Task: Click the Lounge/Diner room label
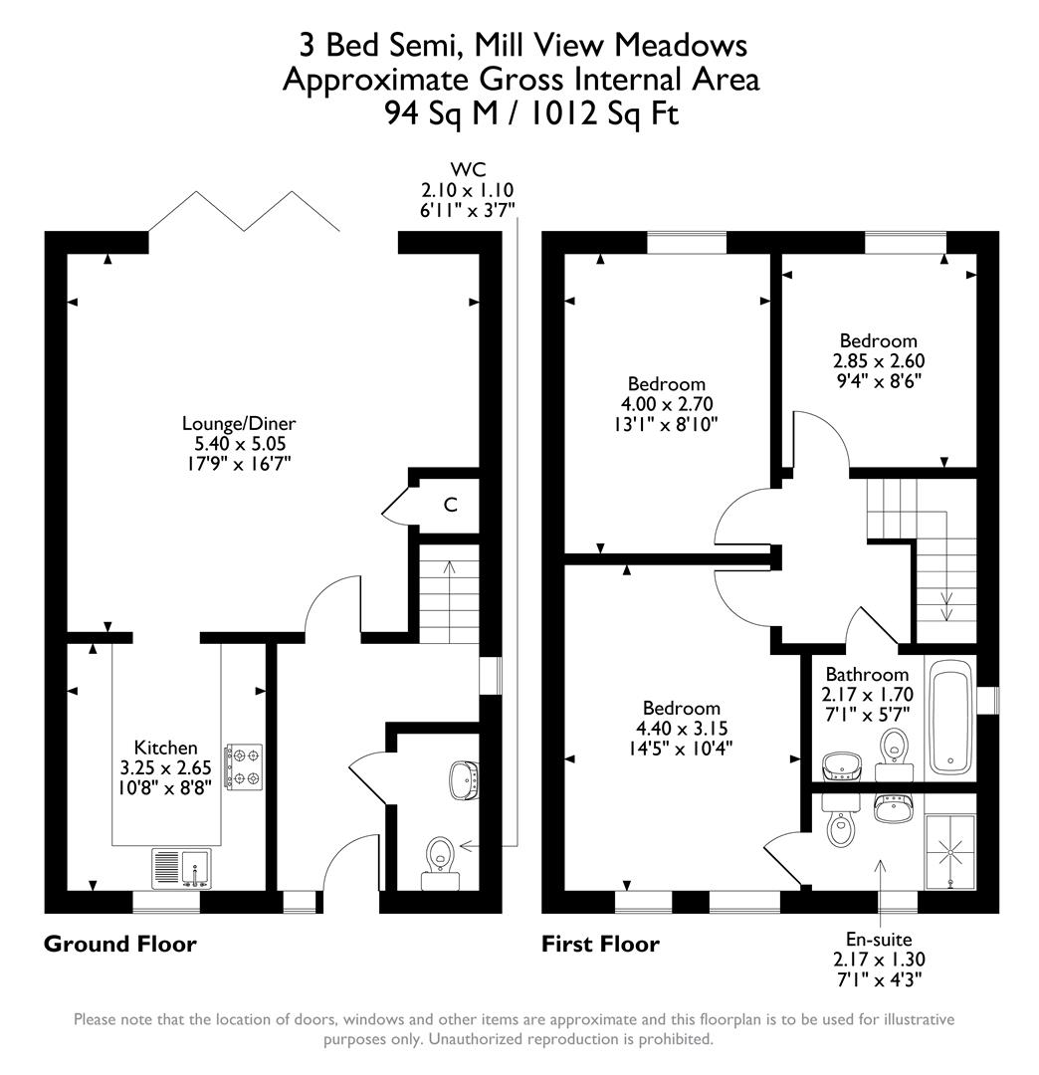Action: [x=238, y=423]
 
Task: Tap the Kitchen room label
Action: [x=166, y=748]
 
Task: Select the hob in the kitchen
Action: [x=244, y=766]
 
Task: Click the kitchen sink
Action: [x=182, y=868]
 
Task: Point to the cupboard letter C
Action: [x=450, y=506]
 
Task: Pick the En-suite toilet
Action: [x=842, y=824]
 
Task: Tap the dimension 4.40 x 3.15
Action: [x=681, y=727]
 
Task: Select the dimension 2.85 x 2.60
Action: [x=878, y=360]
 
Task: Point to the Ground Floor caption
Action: [x=119, y=944]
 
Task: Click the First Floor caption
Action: [x=600, y=944]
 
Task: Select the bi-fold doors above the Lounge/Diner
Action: [x=245, y=211]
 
